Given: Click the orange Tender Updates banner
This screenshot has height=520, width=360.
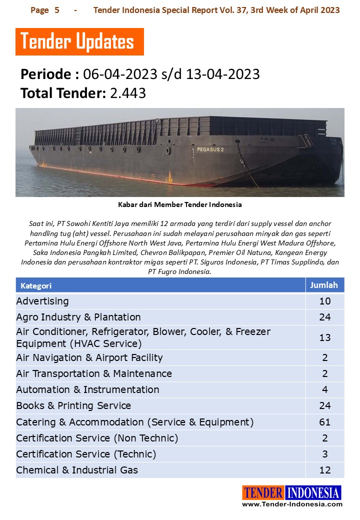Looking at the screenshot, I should [x=79, y=42].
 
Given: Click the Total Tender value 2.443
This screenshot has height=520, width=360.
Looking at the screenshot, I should [x=127, y=93].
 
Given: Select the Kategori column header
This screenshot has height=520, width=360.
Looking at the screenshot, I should [x=36, y=286].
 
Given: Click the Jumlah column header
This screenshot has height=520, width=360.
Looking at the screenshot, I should [x=324, y=285].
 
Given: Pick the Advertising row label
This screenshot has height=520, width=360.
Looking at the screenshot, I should [x=42, y=301].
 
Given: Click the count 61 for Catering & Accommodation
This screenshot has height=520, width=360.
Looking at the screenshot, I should [x=324, y=422].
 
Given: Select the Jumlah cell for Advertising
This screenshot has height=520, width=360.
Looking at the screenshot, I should [x=324, y=301].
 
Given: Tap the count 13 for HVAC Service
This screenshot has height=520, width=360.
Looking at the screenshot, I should [x=324, y=337].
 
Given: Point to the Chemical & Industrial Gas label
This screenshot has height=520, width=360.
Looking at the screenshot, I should [x=77, y=470].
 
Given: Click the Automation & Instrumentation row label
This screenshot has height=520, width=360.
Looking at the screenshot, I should [x=87, y=389].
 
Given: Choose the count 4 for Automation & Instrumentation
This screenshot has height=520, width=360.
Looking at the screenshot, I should [x=324, y=389].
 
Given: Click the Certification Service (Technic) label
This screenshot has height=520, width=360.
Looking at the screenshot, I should [x=86, y=454].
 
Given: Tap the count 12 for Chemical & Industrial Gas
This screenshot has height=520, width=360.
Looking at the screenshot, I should [x=324, y=470].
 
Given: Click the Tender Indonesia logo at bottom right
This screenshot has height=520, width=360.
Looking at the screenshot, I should [x=291, y=493].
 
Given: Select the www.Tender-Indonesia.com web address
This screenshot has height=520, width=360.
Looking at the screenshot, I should [x=292, y=504].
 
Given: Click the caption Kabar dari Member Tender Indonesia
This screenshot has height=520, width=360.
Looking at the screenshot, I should [x=179, y=204].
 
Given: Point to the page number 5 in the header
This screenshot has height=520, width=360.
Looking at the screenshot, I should [x=56, y=10].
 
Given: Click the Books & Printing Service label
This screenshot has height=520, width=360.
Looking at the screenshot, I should [x=73, y=405].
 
